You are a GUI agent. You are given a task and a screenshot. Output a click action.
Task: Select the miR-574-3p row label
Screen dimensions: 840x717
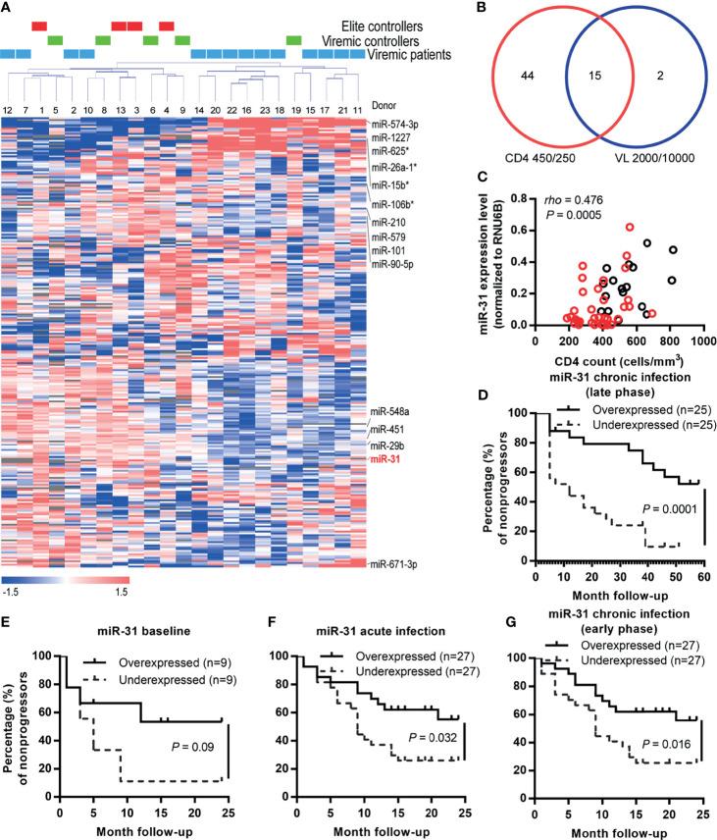pos(395,123)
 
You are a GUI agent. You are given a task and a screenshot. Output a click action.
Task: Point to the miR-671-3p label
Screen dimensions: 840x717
pos(395,564)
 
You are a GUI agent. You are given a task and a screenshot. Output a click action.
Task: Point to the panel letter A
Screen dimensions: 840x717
pos(8,8)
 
